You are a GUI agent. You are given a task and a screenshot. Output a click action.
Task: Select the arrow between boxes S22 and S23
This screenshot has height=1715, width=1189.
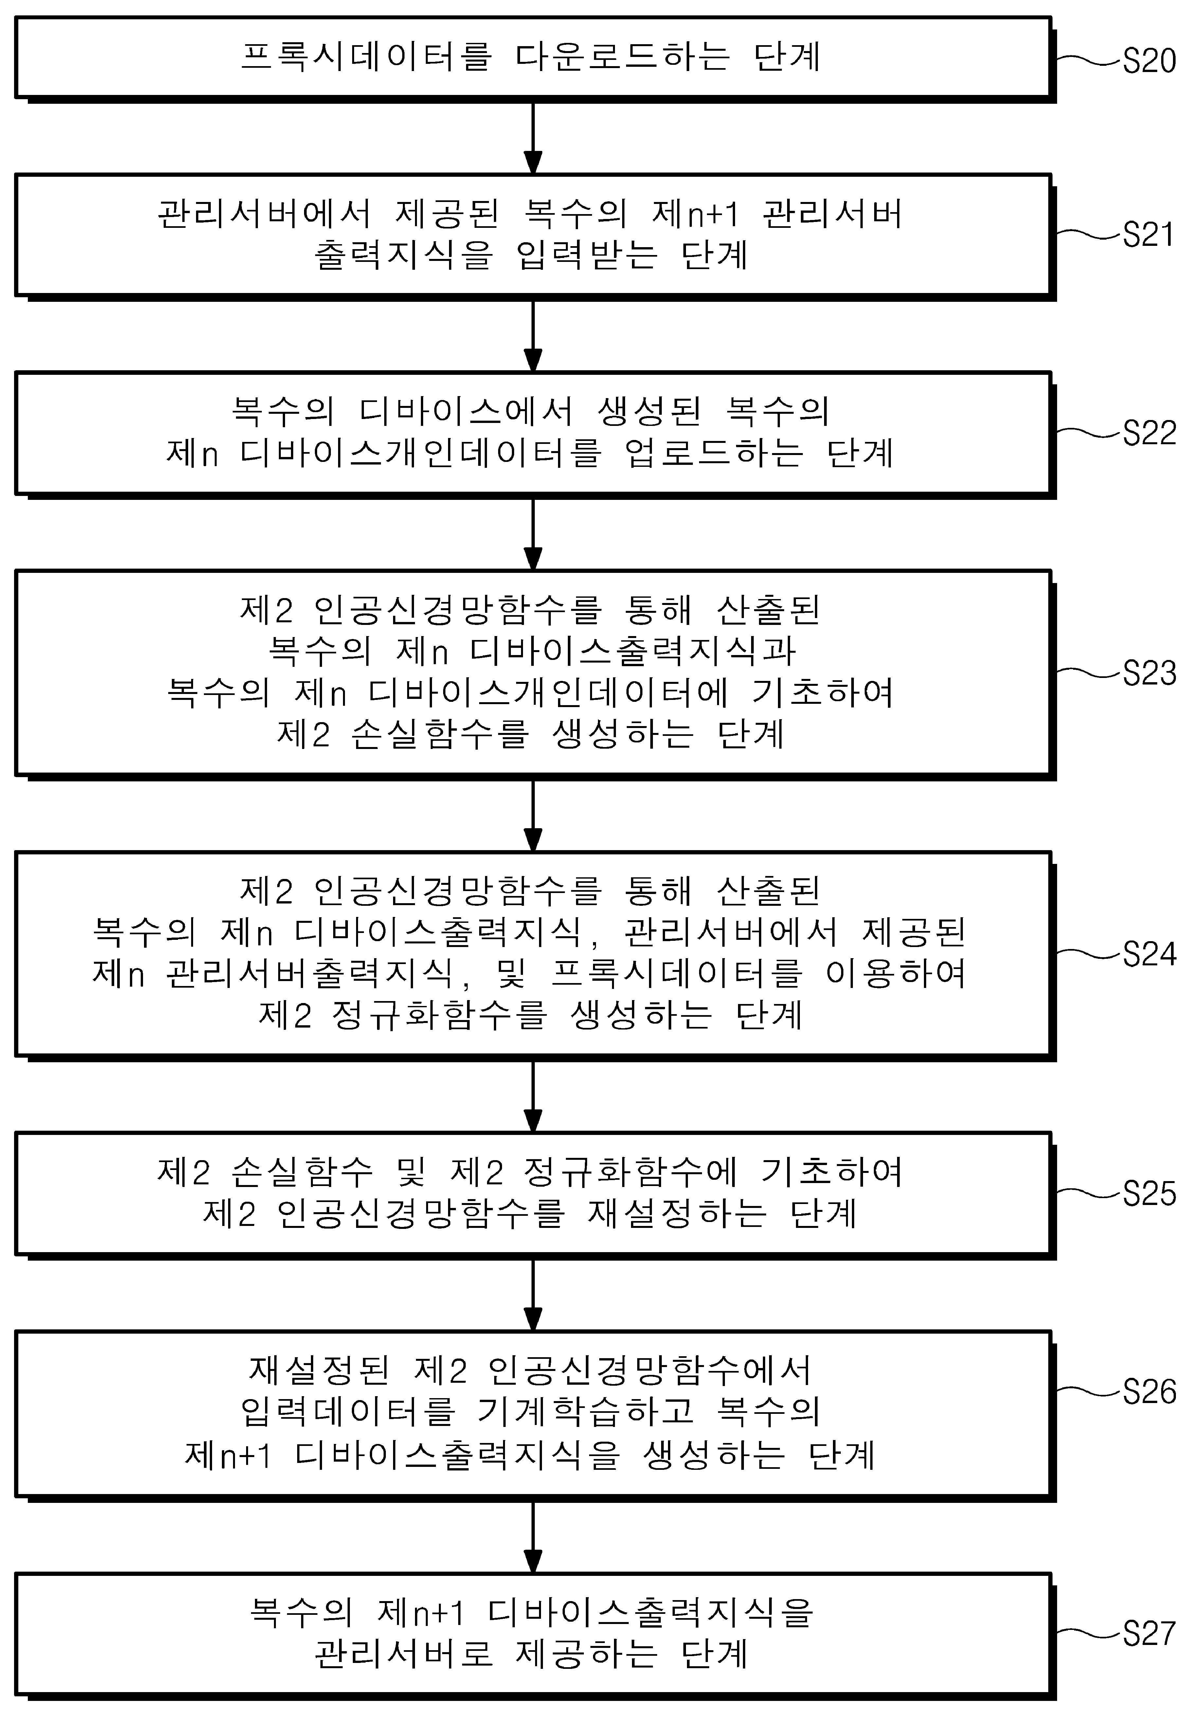pos(533,534)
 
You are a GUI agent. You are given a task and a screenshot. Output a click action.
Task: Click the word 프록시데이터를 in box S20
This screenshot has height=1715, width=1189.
pos(366,57)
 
